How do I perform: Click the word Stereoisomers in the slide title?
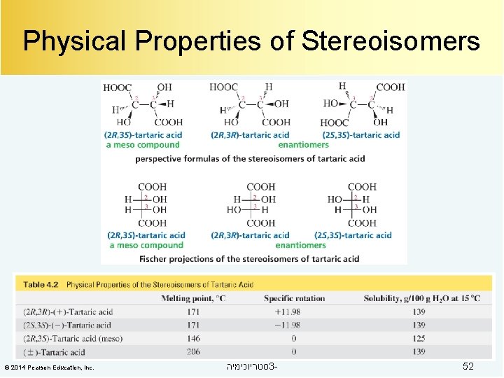[x=391, y=41]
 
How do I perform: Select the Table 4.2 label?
[x=41, y=285]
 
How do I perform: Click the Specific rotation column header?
[x=294, y=298]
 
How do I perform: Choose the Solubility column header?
[x=421, y=298]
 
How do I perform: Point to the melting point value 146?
[x=192, y=338]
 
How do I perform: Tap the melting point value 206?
[x=192, y=351]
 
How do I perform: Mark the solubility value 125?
[x=419, y=338]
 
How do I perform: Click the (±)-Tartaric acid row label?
[x=54, y=351]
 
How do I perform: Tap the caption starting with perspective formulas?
[x=250, y=158]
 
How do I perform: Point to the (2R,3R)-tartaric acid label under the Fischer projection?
[x=250, y=235]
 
